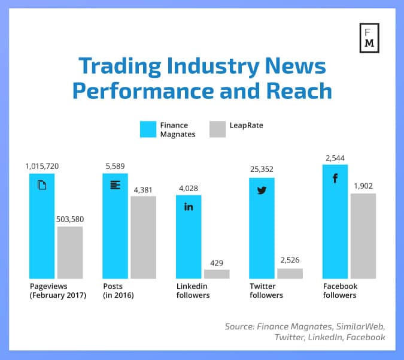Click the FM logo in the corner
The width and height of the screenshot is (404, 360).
pyautogui.click(x=369, y=38)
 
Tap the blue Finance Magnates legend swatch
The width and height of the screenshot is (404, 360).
pyautogui.click(x=148, y=129)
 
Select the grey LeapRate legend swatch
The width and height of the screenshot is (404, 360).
pyautogui.click(x=218, y=129)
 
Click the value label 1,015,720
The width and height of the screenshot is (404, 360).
pyautogui.click(x=42, y=165)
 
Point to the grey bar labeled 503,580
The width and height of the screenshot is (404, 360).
pyautogui.click(x=70, y=252)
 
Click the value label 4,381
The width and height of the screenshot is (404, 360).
pyautogui.click(x=143, y=190)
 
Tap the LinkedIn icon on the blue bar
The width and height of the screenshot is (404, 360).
pyautogui.click(x=189, y=207)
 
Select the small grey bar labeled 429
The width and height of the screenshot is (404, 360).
pyautogui.click(x=216, y=274)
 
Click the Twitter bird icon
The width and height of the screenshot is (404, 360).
pyautogui.click(x=262, y=190)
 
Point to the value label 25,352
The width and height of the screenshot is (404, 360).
pyautogui.click(x=262, y=169)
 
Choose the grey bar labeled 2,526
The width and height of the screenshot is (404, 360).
pyautogui.click(x=290, y=273)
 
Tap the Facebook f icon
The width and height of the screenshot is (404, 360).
pyautogui.click(x=335, y=179)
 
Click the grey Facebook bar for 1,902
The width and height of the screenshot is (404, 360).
pyautogui.click(x=363, y=235)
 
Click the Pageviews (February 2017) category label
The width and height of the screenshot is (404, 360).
pyautogui.click(x=57, y=291)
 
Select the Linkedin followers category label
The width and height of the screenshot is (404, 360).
pyautogui.click(x=193, y=291)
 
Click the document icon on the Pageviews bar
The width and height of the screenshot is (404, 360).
pyautogui.click(x=42, y=184)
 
